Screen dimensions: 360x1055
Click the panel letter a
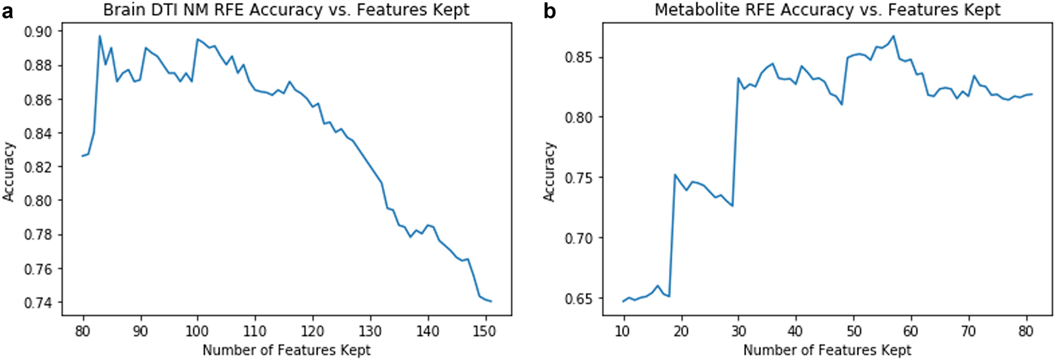pyautogui.click(x=7, y=11)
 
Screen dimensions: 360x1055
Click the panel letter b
pyautogui.click(x=550, y=11)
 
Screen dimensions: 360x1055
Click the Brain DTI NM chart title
pyautogui.click(x=286, y=10)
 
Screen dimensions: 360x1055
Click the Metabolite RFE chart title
pyautogui.click(x=828, y=10)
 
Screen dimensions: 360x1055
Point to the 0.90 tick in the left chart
pyautogui.click(x=38, y=32)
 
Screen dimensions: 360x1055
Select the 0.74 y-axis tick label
pyautogui.click(x=38, y=303)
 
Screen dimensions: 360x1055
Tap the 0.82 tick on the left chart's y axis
pyautogui.click(x=38, y=167)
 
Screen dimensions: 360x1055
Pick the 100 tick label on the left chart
pyautogui.click(x=198, y=331)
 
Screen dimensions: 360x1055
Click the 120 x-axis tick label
pyautogui.click(x=313, y=331)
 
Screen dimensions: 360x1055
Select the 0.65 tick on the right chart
pyautogui.click(x=578, y=299)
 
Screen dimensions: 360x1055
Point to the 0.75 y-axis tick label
pyautogui.click(x=578, y=178)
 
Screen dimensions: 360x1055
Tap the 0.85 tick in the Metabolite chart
pyautogui.click(x=578, y=57)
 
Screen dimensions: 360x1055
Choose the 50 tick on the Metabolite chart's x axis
pyautogui.click(x=853, y=331)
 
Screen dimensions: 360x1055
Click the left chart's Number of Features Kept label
pyautogui.click(x=286, y=350)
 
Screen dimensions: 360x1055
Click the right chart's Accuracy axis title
pyautogui.click(x=549, y=171)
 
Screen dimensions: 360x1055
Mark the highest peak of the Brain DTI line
pyautogui.click(x=100, y=36)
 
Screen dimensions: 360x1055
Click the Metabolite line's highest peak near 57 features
pyautogui.click(x=893, y=36)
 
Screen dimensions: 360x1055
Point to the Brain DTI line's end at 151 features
pyautogui.click(x=491, y=302)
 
